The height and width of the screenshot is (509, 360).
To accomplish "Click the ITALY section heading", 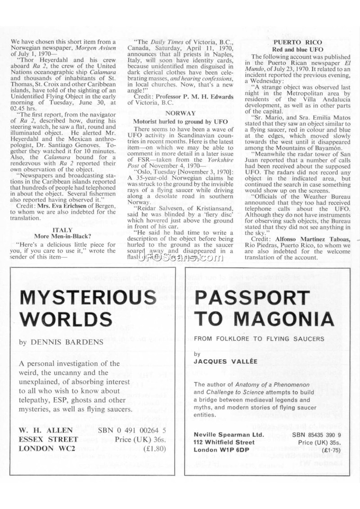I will [x=66, y=229].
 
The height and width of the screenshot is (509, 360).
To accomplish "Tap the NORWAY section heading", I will [x=180, y=113].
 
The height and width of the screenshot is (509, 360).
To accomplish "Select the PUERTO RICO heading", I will [x=298, y=42].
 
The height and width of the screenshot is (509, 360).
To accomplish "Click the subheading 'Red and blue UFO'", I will [x=298, y=49].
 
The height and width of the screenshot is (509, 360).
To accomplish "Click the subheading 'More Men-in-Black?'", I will [x=66, y=236].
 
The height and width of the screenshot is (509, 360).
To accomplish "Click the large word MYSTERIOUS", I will [x=89, y=298].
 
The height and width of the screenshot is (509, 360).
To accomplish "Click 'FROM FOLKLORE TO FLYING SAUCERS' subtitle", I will [x=259, y=338].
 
